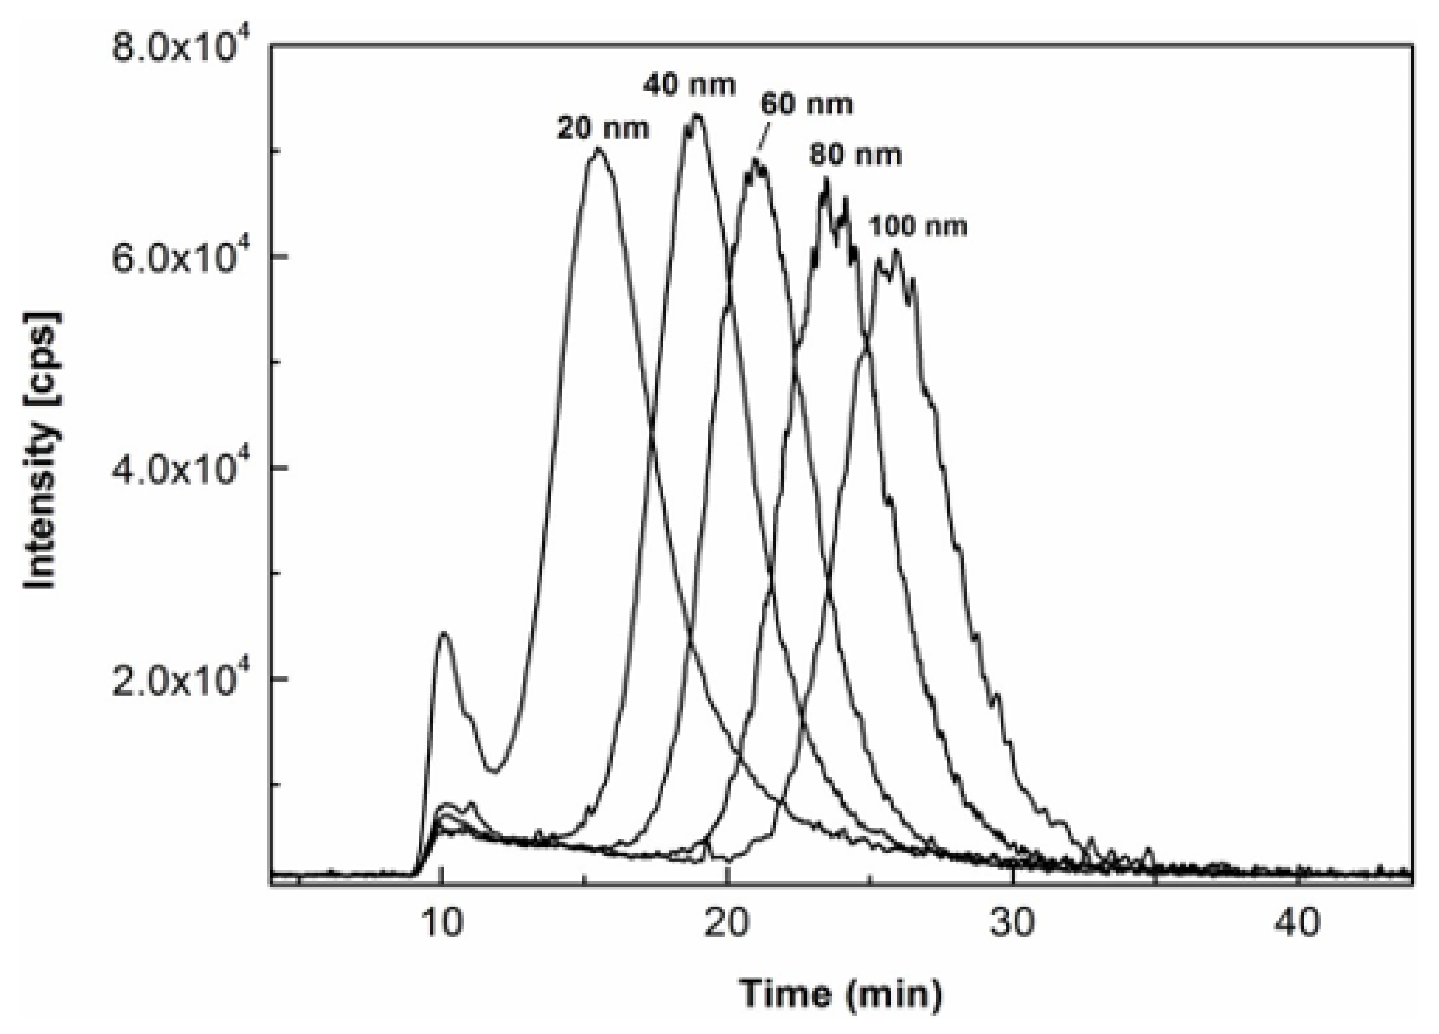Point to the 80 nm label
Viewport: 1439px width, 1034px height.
855,155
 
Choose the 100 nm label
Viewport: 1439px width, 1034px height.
917,226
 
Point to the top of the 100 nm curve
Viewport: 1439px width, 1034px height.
895,252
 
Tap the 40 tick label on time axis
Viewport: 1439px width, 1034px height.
1298,924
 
